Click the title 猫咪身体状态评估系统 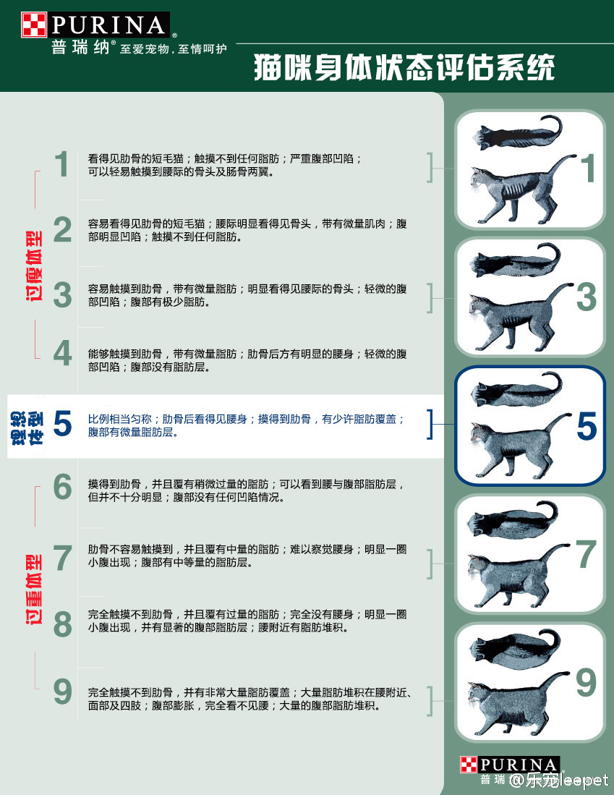pos(404,69)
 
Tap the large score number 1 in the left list pos(63,166)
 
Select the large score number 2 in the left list pos(63,230)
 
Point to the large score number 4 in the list pos(63,354)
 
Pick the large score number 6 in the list pos(63,488)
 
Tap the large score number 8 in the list pos(63,624)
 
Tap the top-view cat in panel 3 pos(515,263)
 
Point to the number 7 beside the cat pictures pos(585,554)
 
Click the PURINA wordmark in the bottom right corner pos(518,765)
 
